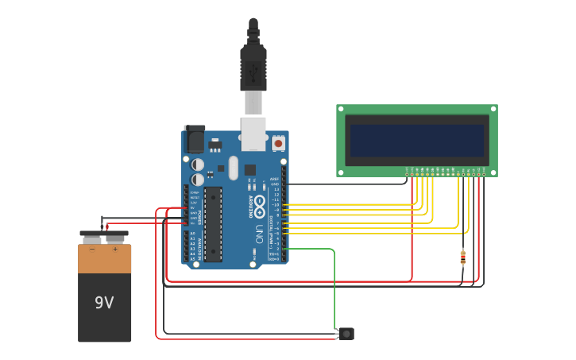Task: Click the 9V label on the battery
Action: [x=104, y=303]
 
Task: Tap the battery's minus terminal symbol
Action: [x=92, y=250]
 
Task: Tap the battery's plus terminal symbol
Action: [x=115, y=250]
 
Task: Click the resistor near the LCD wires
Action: [x=463, y=257]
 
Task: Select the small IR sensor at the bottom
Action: [x=346, y=334]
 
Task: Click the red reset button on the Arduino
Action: [x=278, y=144]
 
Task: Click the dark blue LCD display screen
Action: [x=417, y=140]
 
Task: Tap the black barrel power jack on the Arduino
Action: [x=194, y=140]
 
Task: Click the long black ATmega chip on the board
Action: [x=213, y=224]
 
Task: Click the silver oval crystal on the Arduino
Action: [x=233, y=168]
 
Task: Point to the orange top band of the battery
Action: [x=104, y=259]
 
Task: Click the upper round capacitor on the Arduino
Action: [x=198, y=165]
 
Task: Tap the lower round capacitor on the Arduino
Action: [x=198, y=180]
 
